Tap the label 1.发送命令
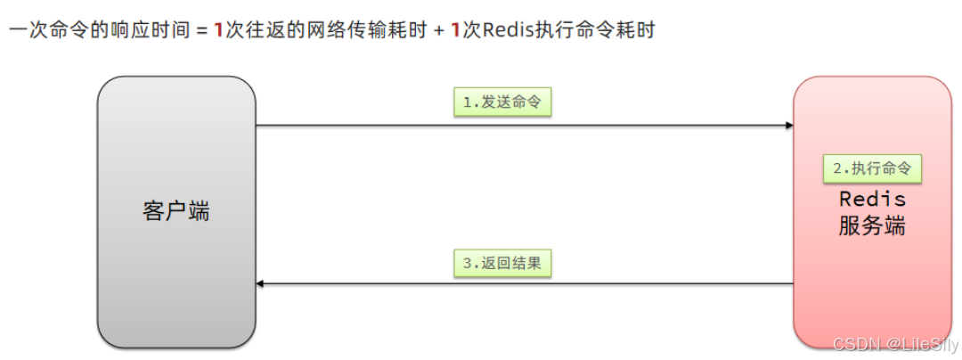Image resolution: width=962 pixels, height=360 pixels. point(501,102)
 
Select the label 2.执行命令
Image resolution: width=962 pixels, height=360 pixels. point(871,168)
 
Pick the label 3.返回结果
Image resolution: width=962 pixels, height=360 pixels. point(501,263)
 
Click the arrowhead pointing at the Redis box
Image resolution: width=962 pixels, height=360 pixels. point(788,126)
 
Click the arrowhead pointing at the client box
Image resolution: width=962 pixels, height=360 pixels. point(261,284)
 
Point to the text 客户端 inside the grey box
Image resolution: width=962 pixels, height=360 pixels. point(176,212)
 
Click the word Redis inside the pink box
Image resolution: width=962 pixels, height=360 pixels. point(872,199)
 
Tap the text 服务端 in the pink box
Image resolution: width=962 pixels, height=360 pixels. point(872,226)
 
